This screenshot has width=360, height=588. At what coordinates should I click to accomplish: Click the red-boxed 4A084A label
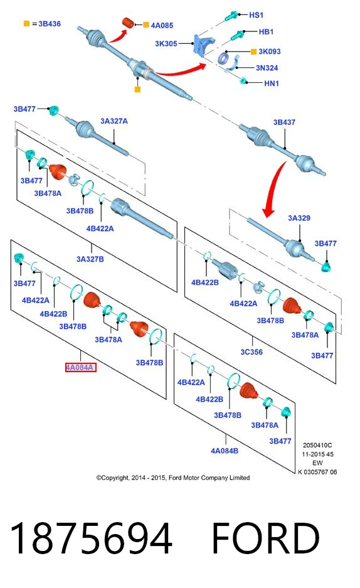click(x=81, y=368)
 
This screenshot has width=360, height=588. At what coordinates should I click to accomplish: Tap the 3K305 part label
click(x=166, y=43)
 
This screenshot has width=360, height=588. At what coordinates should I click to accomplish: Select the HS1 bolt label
click(x=257, y=15)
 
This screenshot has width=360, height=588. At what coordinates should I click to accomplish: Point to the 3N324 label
click(x=267, y=68)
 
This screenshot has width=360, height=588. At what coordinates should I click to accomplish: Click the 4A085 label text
click(x=162, y=26)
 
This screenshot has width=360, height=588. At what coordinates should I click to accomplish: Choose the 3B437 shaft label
click(x=284, y=122)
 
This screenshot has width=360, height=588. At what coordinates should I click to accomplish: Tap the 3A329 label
click(x=299, y=218)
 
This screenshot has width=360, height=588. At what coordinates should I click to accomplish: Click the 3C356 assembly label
click(x=251, y=352)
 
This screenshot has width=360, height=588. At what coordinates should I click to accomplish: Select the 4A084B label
click(x=225, y=451)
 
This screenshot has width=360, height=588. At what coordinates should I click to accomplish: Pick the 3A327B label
click(x=90, y=259)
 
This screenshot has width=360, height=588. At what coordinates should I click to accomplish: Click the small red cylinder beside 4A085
click(x=129, y=23)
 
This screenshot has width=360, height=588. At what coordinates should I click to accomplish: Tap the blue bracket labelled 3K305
click(x=201, y=45)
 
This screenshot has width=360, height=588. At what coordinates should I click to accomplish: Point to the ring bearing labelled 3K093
click(x=224, y=58)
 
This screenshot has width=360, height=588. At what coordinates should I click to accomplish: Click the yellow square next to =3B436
click(x=26, y=24)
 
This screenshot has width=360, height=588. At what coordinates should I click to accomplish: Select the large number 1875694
click(x=91, y=538)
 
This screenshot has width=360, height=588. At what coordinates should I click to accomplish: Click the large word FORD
click(x=265, y=538)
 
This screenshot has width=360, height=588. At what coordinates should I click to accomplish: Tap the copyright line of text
click(x=173, y=478)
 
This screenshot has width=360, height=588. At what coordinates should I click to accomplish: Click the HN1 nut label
click(x=272, y=83)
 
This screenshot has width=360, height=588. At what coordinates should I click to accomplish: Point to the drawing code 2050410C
click(x=317, y=446)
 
